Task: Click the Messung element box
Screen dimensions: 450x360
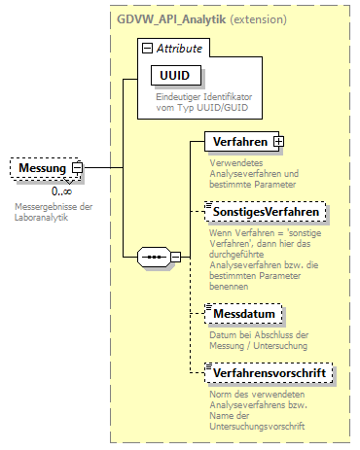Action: [x=41, y=169]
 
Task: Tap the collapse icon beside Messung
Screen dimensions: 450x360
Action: [x=78, y=169]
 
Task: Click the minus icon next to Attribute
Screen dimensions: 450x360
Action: [x=146, y=48]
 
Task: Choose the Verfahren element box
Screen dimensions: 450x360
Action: [x=238, y=142]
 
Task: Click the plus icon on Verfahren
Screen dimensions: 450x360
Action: [x=279, y=142]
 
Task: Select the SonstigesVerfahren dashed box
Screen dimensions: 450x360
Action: [x=266, y=210]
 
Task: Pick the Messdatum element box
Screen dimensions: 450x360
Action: [x=242, y=313]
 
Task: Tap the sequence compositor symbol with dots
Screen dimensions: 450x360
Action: [x=153, y=257]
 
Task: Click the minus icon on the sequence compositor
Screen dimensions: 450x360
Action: [x=176, y=257]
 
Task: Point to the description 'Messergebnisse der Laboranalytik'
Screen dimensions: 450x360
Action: [x=54, y=212]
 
